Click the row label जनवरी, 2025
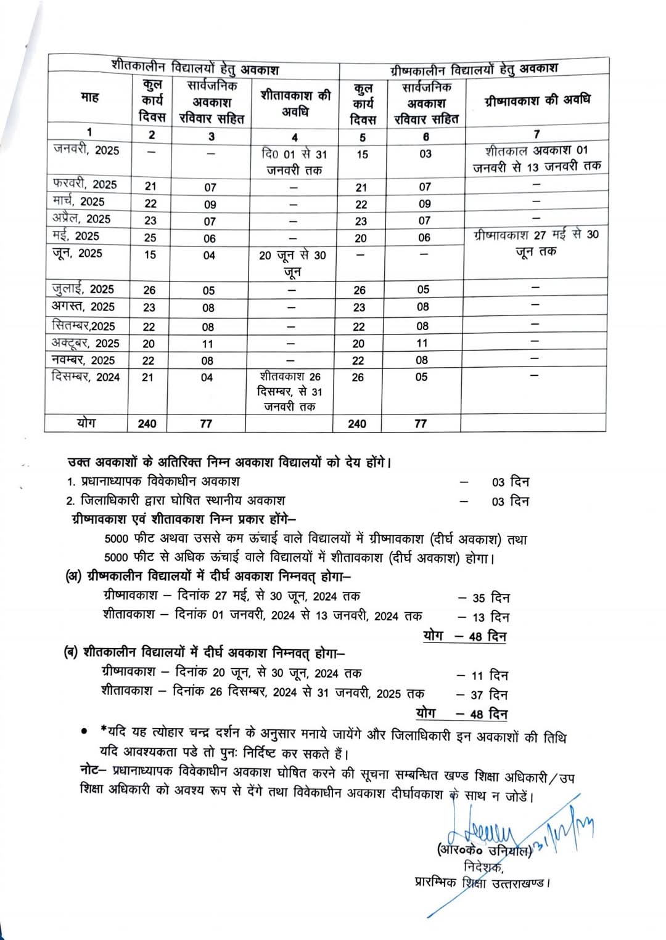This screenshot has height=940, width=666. [86, 150]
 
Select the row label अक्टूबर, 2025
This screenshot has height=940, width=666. [86, 343]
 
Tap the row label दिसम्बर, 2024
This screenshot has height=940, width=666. [86, 377]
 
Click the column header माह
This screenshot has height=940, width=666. [89, 97]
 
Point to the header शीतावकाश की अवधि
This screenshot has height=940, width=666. [295, 103]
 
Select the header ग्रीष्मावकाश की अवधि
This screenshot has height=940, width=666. [537, 100]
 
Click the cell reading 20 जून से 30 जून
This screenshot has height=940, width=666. [292, 263]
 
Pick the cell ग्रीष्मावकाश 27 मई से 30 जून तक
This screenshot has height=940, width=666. [536, 243]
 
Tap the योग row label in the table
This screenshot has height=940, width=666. [86, 423]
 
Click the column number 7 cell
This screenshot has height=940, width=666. [536, 134]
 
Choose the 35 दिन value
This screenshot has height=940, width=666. [491, 598]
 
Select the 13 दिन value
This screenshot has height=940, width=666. [491, 617]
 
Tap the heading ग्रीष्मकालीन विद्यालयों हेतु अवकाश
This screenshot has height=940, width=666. [474, 68]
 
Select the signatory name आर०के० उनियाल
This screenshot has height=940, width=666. [484, 851]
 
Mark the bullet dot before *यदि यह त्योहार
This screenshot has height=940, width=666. [84, 731]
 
